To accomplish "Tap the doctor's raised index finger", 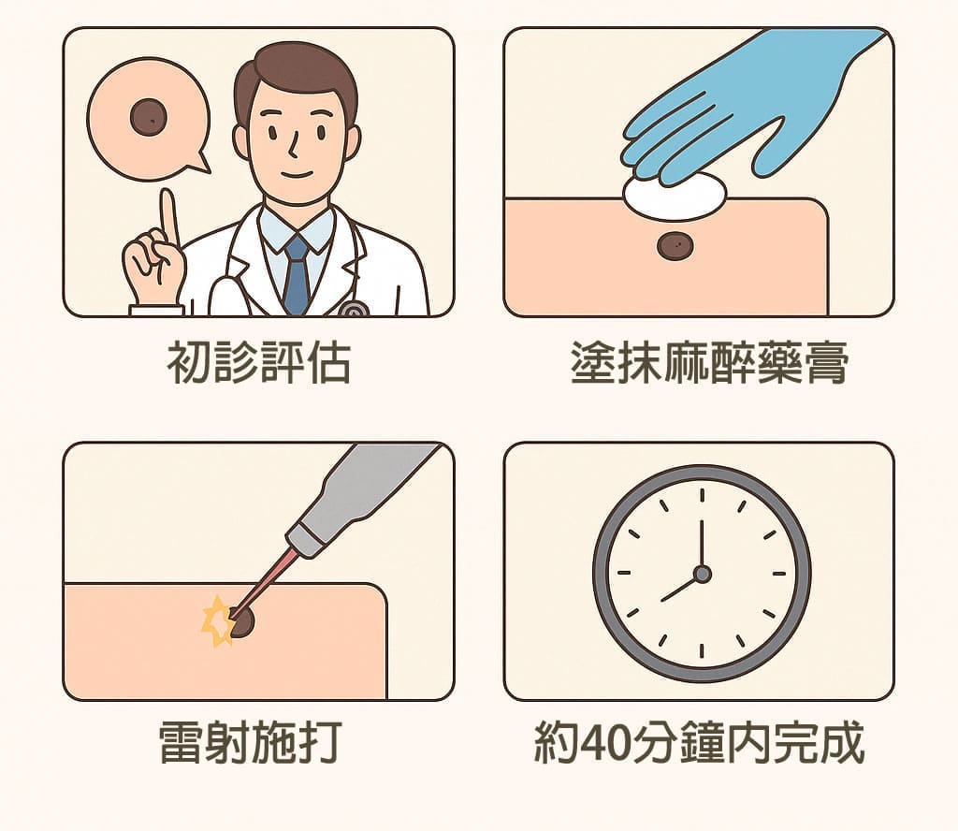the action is [x=169, y=216].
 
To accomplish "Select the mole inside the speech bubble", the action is [x=149, y=117].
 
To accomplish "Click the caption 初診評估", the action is [x=259, y=362].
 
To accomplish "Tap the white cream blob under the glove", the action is [x=675, y=196].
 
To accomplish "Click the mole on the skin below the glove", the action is [x=675, y=245].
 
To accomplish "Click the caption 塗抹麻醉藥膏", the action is [x=710, y=362].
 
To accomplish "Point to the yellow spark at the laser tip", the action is [x=218, y=620].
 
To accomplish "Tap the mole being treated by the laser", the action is [x=242, y=622].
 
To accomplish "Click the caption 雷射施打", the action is [x=251, y=742].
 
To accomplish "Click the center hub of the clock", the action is [x=702, y=574].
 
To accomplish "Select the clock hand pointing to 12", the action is [x=702, y=543].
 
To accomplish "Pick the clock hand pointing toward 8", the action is [x=679, y=588].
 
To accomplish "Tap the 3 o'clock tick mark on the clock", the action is [x=779, y=574].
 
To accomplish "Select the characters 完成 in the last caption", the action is [x=818, y=742].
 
